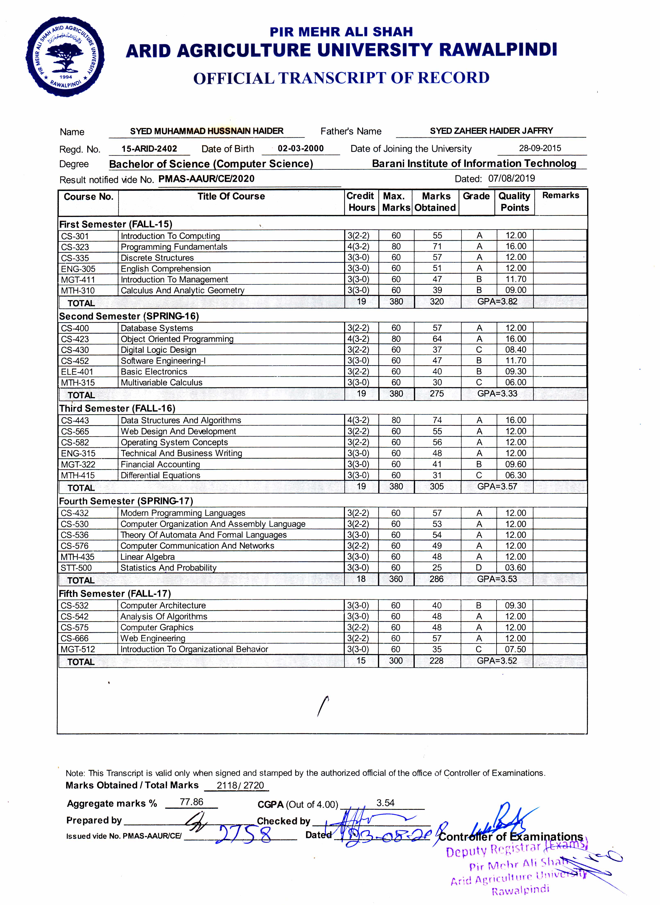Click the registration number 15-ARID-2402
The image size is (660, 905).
click(149, 149)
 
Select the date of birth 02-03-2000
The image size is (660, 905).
click(301, 148)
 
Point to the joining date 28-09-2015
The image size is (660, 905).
click(540, 148)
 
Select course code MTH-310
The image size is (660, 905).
click(78, 290)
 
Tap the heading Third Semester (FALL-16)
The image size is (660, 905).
click(117, 408)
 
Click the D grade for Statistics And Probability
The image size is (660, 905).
click(479, 567)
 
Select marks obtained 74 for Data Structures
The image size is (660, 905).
click(437, 420)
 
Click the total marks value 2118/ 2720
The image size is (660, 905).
click(240, 785)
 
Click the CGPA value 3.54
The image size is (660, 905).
click(385, 803)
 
